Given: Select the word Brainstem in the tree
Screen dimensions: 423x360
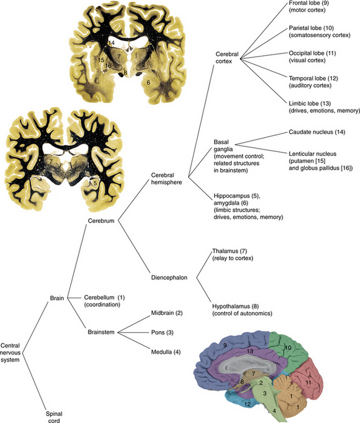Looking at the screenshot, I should (x=101, y=333).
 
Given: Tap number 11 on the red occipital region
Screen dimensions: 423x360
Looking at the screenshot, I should (x=308, y=382).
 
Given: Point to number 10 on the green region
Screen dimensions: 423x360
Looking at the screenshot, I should (x=288, y=348).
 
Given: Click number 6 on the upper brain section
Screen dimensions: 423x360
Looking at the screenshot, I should (x=148, y=82).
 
